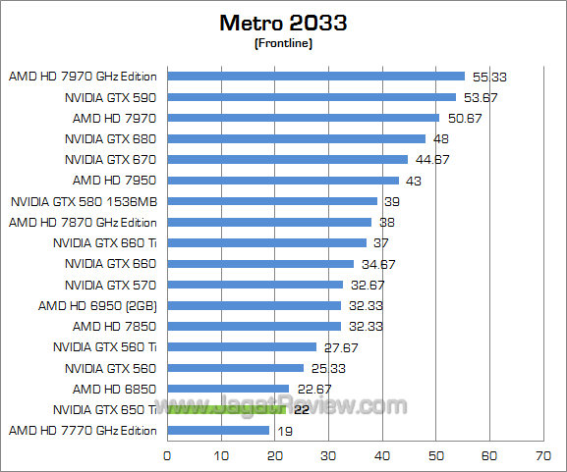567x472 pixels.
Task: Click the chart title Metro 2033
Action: coord(283,22)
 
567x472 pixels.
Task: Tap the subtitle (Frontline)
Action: coord(283,43)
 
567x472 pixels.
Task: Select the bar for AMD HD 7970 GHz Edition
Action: coord(315,76)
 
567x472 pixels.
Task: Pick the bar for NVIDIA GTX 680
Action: coord(296,138)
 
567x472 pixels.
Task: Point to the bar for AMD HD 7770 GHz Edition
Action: coord(218,430)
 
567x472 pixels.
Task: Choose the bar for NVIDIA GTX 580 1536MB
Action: coord(272,201)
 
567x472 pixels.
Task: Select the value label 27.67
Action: coord(338,347)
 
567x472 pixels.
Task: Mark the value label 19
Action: coord(284,430)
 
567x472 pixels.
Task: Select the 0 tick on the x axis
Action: coord(167,455)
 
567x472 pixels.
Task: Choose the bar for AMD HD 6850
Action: coord(228,389)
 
